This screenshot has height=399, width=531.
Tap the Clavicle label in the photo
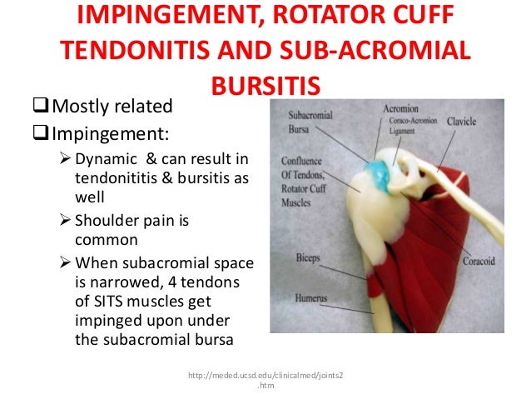coord(460,121)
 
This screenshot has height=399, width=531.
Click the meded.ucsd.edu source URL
coord(265,376)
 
